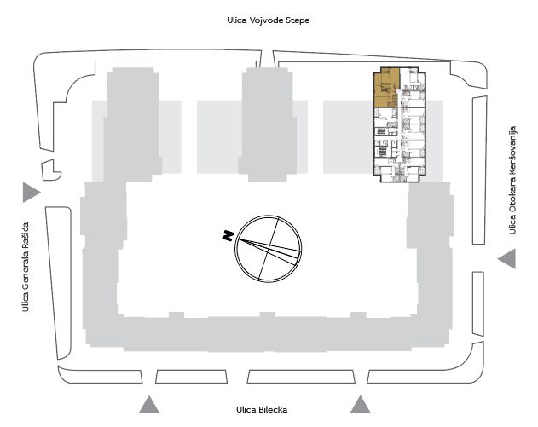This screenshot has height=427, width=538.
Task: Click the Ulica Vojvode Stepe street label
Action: pyautogui.click(x=268, y=20)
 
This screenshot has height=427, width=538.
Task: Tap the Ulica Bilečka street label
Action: pyautogui.click(x=262, y=409)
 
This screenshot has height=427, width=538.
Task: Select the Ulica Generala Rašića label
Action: pyautogui.click(x=26, y=267)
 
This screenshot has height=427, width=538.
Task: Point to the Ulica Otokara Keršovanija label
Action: pyautogui.click(x=512, y=181)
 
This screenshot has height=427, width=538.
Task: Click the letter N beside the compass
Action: pyautogui.click(x=228, y=235)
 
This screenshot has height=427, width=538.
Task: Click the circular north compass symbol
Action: pyautogui.click(x=269, y=249)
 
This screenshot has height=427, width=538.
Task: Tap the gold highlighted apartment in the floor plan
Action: pyautogui.click(x=386, y=88)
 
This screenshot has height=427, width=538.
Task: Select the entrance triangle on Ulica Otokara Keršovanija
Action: pyautogui.click(x=506, y=259)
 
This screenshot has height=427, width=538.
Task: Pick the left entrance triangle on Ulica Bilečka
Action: pyautogui.click(x=149, y=405)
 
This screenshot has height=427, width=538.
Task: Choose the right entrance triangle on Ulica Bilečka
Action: pyautogui.click(x=361, y=405)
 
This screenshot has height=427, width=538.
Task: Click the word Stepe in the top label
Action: pyautogui.click(x=298, y=20)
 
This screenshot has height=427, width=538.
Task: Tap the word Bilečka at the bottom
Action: pyautogui.click(x=273, y=409)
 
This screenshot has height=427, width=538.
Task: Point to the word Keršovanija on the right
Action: pyautogui.click(x=512, y=150)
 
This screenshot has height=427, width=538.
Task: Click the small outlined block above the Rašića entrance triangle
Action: pyautogui.click(x=50, y=170)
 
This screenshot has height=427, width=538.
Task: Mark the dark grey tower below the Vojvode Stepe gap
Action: pyautogui.click(x=267, y=124)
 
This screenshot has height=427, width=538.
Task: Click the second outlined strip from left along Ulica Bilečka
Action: pyautogui.click(x=191, y=376)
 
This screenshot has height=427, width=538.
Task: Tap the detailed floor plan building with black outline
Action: pyautogui.click(x=399, y=124)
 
